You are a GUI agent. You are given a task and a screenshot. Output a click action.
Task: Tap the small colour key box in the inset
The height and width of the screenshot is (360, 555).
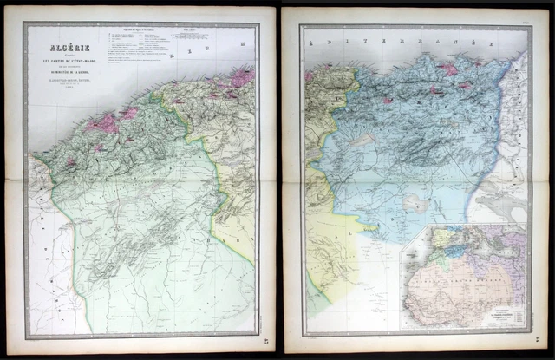pos(514,320)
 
